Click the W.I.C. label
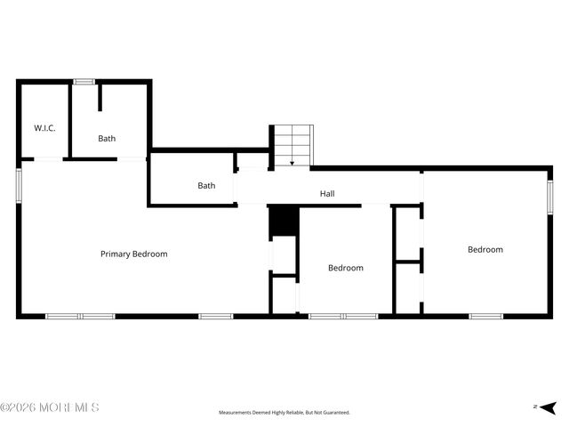(x=44, y=128)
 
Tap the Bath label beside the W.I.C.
(x=107, y=138)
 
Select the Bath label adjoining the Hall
(x=206, y=185)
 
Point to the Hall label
(x=327, y=193)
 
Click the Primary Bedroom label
(x=133, y=254)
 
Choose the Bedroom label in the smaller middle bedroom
(x=345, y=268)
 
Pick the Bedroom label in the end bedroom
(x=485, y=249)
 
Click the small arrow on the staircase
(x=293, y=163)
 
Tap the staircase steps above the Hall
(x=293, y=142)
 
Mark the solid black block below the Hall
(x=281, y=222)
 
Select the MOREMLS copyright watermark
(x=50, y=407)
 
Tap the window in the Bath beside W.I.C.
(x=84, y=82)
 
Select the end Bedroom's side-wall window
(x=550, y=194)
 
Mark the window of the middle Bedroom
(x=343, y=316)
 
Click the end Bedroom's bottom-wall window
(x=485, y=316)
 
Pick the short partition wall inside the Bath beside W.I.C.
(x=100, y=98)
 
